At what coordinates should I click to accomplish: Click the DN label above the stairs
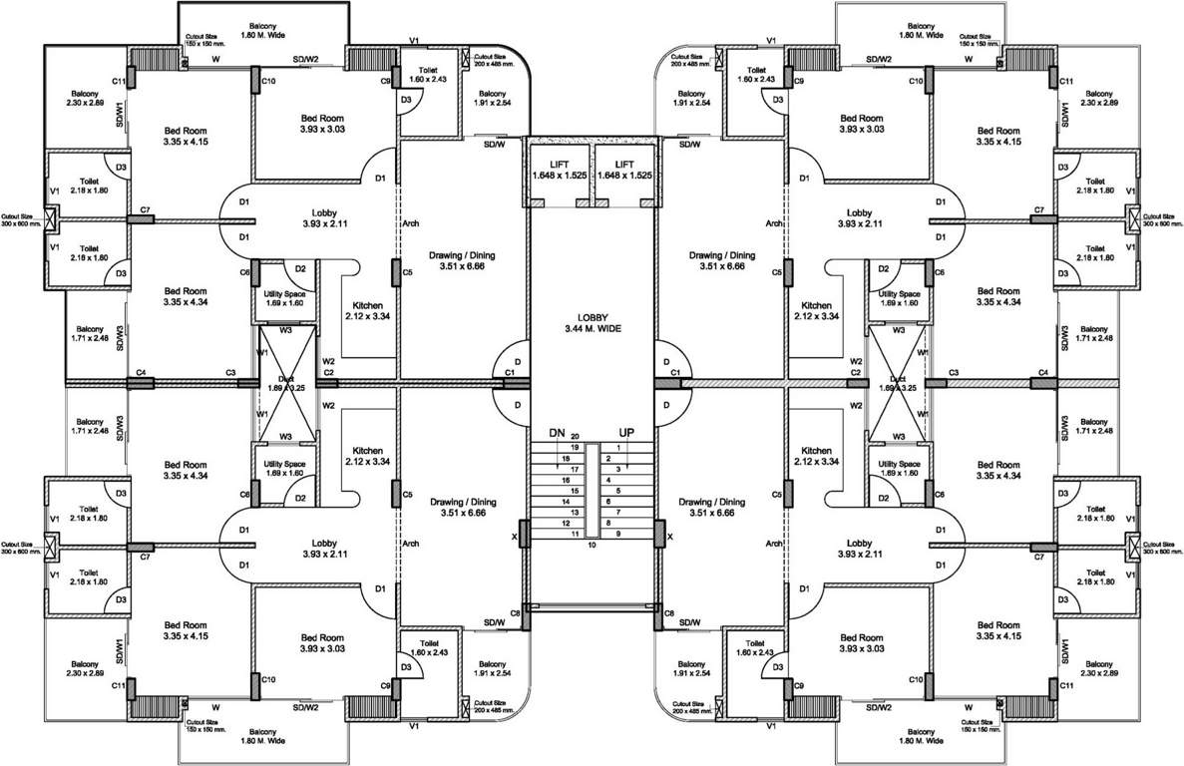pos(557,433)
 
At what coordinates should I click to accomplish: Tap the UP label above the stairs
pos(626,433)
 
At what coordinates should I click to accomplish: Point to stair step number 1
pos(618,448)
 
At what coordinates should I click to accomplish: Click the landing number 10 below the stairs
pos(592,545)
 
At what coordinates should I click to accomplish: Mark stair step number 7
pos(618,512)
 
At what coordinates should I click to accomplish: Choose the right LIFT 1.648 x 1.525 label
pos(624,170)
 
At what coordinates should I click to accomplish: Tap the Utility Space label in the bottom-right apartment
pos(899,470)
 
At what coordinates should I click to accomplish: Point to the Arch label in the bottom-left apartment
pos(409,544)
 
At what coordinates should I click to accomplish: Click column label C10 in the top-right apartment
pos(915,81)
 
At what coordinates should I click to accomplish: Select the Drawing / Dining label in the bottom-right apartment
pos(711,507)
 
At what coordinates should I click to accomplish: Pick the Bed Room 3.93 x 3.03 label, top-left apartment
pos(322,124)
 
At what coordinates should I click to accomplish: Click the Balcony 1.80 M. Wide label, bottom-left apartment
pos(263,736)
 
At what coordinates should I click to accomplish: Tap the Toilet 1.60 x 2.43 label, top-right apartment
pos(756,75)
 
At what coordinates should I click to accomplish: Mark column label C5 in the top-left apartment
pos(407,271)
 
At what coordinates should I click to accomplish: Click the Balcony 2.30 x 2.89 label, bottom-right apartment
pos(1098,669)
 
